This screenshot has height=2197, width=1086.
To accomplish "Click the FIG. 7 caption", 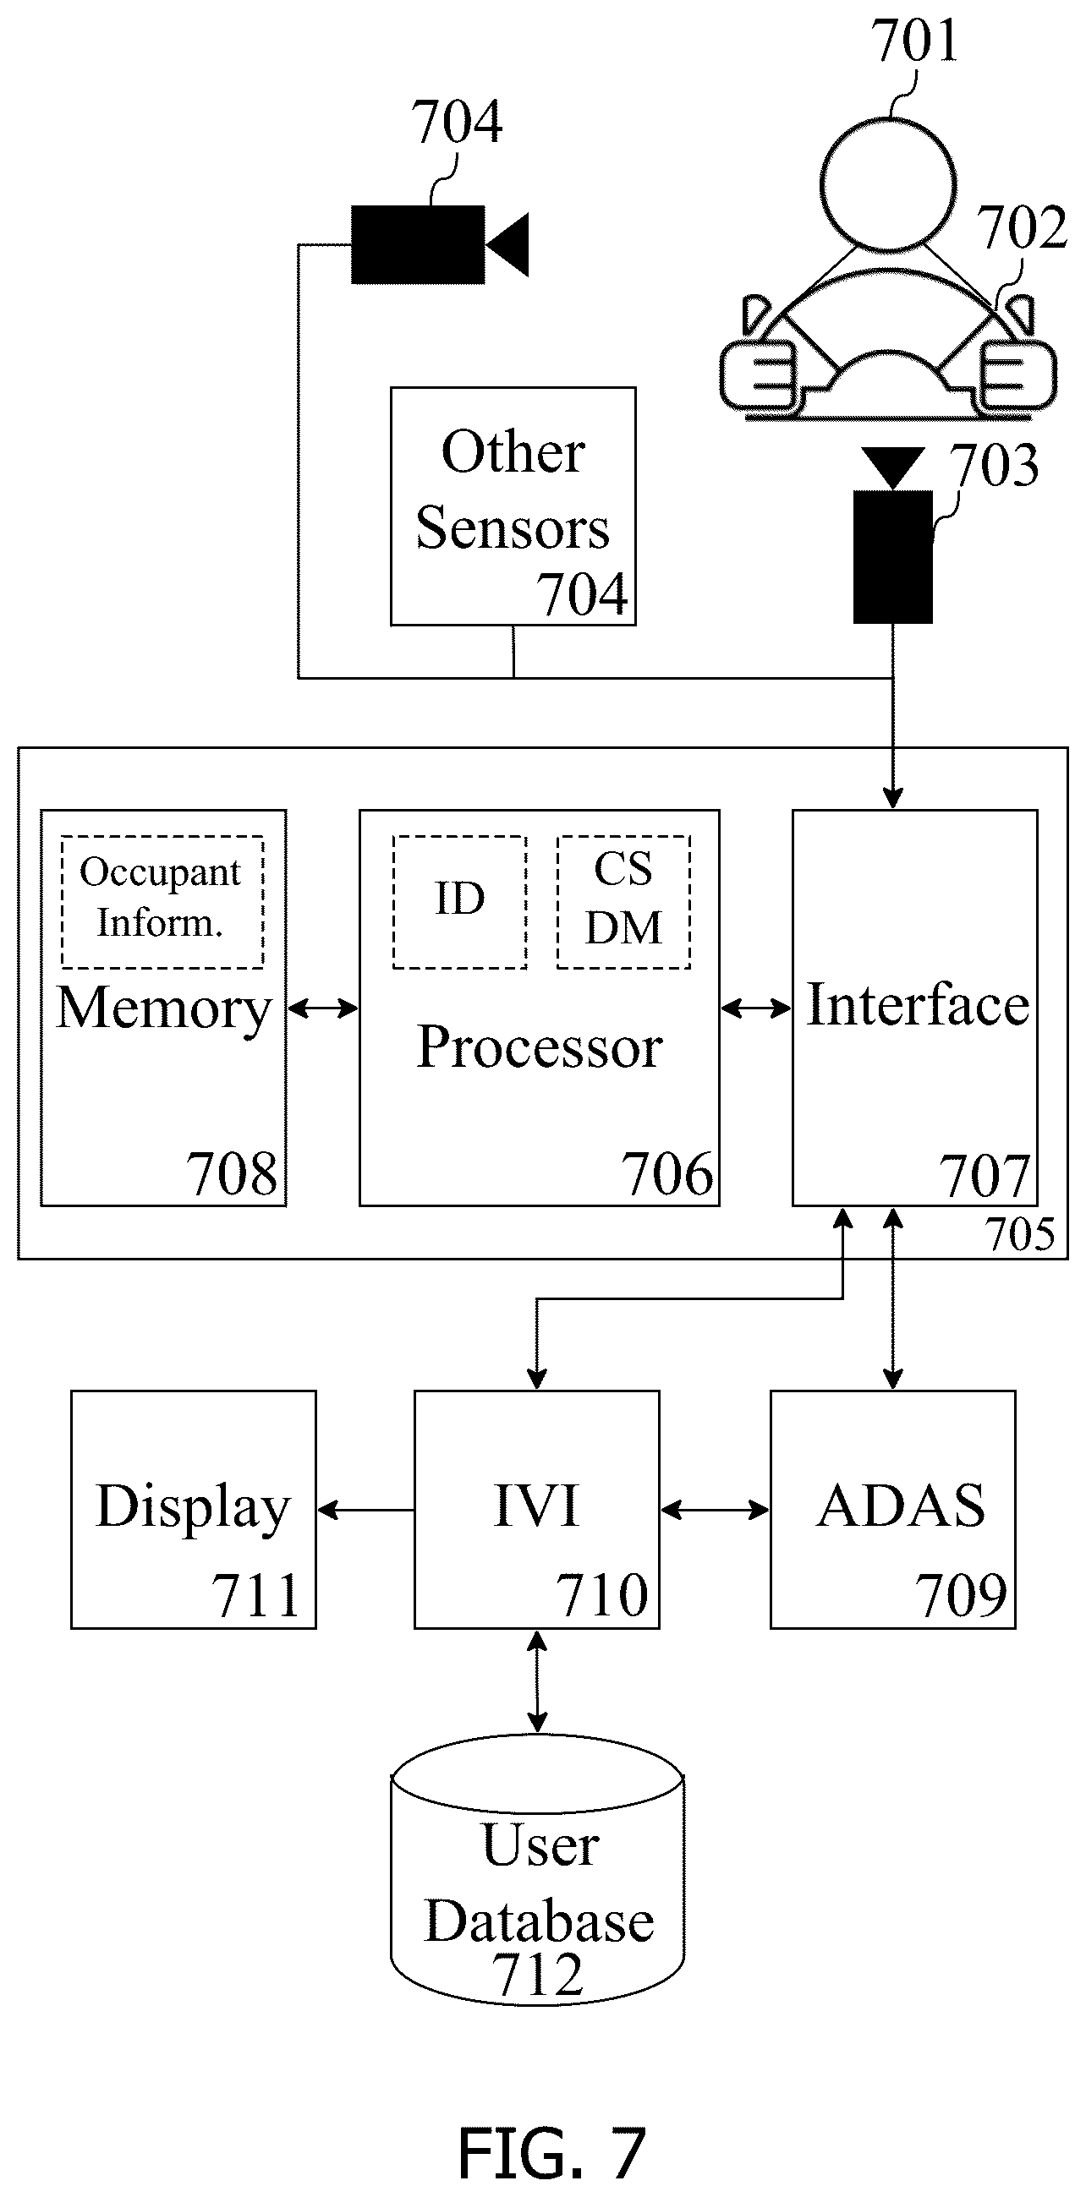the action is click(x=551, y=2152).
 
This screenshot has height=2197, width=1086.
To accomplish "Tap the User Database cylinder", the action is click(x=537, y=1871).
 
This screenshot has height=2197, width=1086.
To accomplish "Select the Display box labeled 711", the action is click(x=194, y=1510).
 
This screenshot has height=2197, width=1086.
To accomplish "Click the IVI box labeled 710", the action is click(x=536, y=1510).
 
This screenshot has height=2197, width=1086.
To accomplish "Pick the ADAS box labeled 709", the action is click(x=893, y=1510).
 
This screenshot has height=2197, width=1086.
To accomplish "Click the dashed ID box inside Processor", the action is click(x=460, y=902).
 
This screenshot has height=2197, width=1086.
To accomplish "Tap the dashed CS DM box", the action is click(x=623, y=902).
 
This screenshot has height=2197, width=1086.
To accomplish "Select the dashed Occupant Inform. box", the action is click(x=162, y=902).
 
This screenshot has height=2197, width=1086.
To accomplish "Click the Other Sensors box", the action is click(x=513, y=506).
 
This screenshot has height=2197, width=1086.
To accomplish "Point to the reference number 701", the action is click(x=913, y=40).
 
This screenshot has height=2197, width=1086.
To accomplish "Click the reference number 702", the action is click(x=1021, y=227).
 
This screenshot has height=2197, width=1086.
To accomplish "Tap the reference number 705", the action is click(x=1019, y=1234).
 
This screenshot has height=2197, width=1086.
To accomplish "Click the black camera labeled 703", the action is click(x=893, y=536).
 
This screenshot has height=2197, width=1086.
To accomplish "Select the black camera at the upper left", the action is click(x=440, y=244).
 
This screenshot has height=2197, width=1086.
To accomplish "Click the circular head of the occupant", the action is click(x=887, y=183).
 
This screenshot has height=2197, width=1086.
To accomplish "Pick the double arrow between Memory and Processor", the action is click(x=322, y=1009).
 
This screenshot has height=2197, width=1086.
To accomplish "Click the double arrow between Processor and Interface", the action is click(x=756, y=1009).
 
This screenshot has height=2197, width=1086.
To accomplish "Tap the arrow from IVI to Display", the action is click(x=366, y=1511).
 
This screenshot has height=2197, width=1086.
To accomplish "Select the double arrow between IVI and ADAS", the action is click(x=715, y=1511).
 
